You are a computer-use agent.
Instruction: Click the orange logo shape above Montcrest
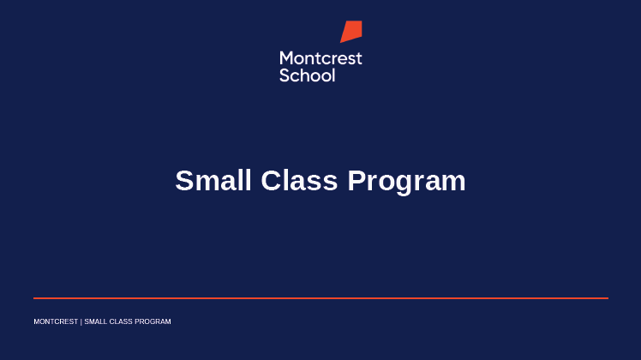(351, 31)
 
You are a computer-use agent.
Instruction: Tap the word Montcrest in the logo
(320, 58)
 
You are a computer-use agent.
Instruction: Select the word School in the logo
(308, 75)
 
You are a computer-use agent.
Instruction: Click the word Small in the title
(213, 180)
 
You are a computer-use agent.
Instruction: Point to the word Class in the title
(299, 180)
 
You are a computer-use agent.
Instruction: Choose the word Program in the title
(407, 183)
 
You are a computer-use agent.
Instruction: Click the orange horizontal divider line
(320, 298)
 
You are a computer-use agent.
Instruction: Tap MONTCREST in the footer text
(56, 321)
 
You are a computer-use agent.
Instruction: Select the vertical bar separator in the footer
(81, 322)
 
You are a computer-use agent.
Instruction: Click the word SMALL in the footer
(96, 321)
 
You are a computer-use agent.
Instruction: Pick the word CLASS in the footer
(121, 321)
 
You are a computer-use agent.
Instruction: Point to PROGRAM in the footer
(153, 321)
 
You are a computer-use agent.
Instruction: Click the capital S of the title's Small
(184, 180)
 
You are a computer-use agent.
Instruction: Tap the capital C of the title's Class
(272, 180)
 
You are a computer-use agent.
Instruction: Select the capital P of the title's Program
(357, 180)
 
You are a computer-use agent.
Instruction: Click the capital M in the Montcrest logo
(287, 58)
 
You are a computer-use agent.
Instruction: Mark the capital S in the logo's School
(285, 75)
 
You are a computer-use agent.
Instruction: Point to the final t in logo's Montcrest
(359, 59)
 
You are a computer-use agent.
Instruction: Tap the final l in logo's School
(333, 75)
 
